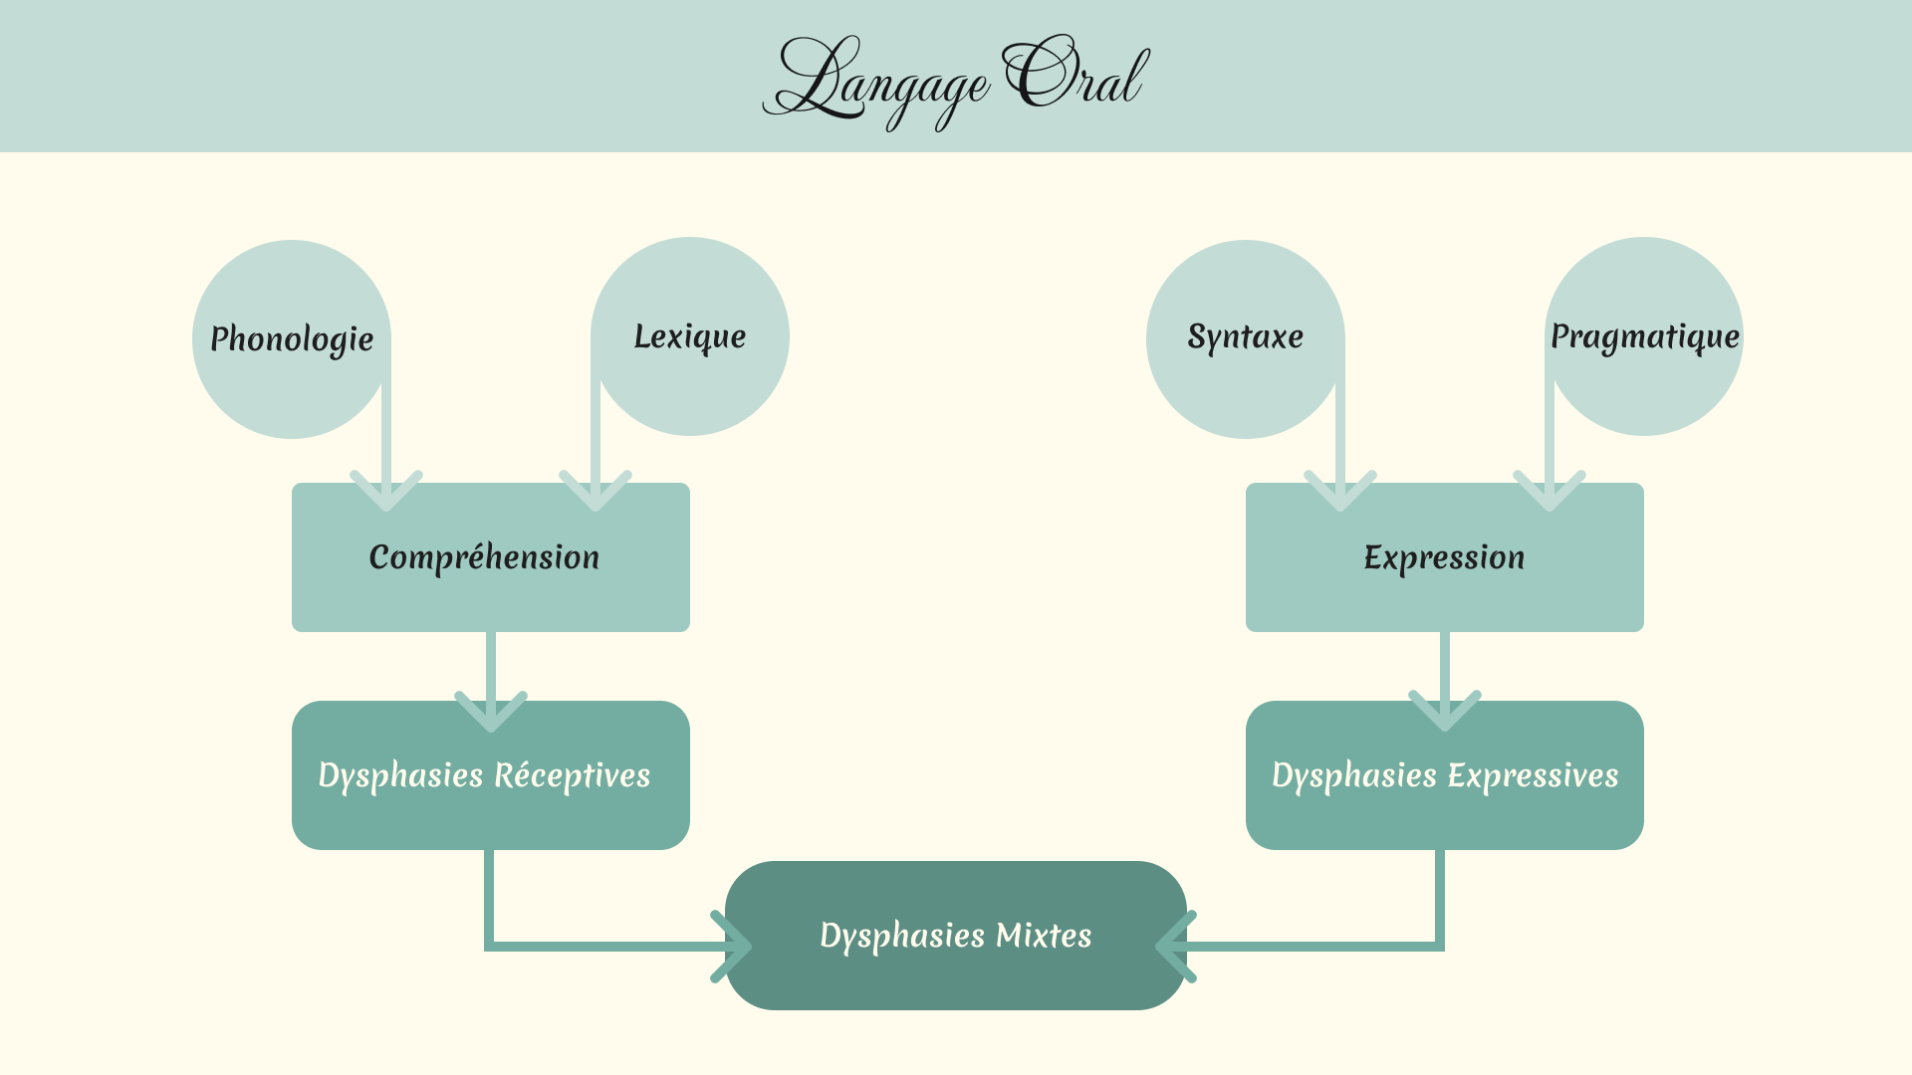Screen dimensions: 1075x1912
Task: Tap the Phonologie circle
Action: point(291,339)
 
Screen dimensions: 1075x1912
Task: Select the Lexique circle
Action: point(690,336)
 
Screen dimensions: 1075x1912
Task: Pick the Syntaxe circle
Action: point(1245,337)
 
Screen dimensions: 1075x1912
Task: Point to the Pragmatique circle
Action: point(1644,336)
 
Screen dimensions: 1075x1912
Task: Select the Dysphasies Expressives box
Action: point(1444,775)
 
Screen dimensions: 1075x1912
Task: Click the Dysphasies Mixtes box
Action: point(956,936)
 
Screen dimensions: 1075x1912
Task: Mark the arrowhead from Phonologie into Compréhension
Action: point(386,492)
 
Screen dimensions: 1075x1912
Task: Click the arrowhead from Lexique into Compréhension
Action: point(596,492)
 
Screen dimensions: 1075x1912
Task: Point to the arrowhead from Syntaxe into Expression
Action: point(1340,492)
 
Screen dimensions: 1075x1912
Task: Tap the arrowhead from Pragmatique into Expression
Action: point(1550,492)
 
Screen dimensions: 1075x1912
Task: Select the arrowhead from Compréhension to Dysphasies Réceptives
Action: point(491,712)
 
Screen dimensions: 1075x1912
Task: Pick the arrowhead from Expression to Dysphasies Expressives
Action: point(1445,712)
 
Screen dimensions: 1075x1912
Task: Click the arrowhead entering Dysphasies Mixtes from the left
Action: point(734,946)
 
